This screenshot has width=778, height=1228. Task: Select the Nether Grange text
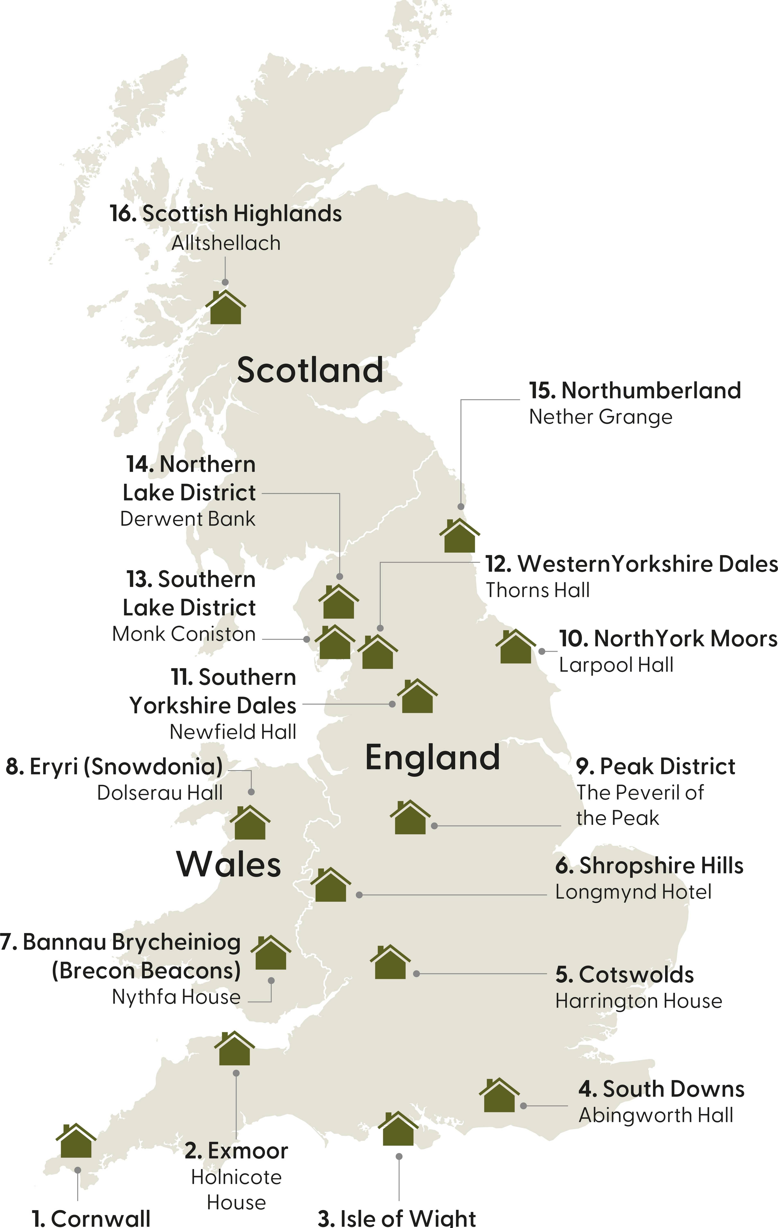[x=601, y=417]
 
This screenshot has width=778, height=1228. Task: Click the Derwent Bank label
[x=188, y=519]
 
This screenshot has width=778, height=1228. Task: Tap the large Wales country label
[x=229, y=864]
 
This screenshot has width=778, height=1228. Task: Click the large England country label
[x=432, y=757]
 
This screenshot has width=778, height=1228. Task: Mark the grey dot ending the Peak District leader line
[x=434, y=826]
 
